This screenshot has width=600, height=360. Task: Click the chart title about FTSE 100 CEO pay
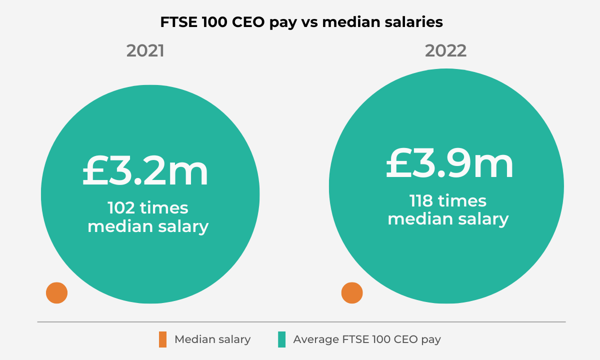point(301,22)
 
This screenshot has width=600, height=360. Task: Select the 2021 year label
point(145,51)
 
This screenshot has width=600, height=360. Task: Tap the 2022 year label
point(446,51)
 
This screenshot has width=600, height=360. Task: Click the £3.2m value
point(145,171)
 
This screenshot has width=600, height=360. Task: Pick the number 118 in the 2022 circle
point(421,201)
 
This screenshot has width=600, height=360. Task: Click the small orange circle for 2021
point(56,293)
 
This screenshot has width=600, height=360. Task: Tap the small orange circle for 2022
point(352,293)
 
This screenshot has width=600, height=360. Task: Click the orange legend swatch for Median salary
point(162,339)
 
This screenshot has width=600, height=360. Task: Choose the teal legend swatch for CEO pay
point(281,339)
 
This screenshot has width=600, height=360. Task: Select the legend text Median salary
point(212,339)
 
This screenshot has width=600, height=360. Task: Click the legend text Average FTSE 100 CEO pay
point(367,339)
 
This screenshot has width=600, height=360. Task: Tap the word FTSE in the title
point(178,22)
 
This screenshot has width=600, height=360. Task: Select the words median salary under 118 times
point(448,219)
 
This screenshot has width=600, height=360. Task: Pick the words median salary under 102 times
point(148,226)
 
